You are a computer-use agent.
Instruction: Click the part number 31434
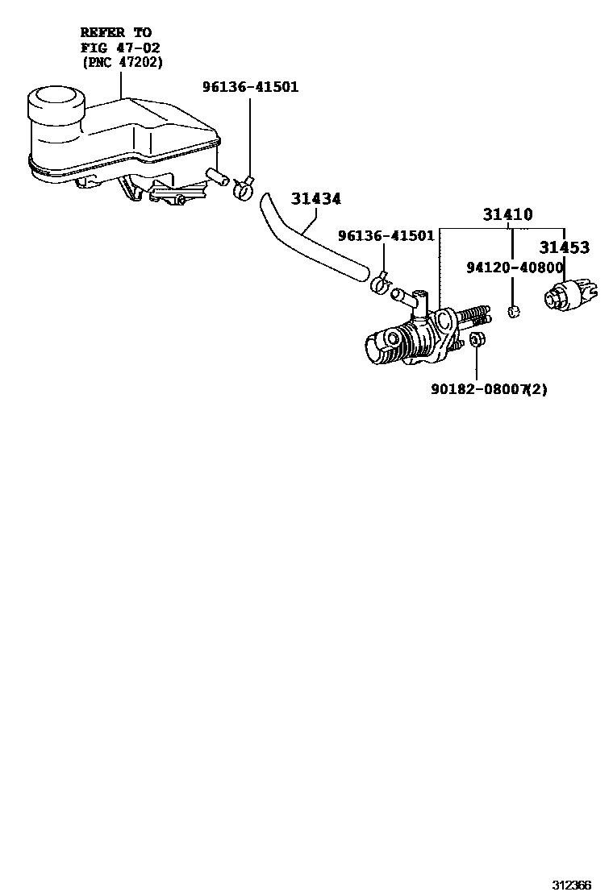click(315, 198)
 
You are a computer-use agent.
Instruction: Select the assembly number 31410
click(507, 215)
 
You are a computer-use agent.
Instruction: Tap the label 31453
click(564, 248)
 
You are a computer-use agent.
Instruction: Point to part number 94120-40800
click(514, 267)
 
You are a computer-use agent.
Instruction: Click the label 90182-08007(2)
click(489, 390)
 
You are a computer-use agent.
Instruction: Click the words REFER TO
click(115, 33)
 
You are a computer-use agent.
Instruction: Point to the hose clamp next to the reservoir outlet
click(242, 190)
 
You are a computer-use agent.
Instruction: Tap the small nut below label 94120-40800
click(512, 312)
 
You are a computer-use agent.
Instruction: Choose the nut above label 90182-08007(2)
click(476, 341)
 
